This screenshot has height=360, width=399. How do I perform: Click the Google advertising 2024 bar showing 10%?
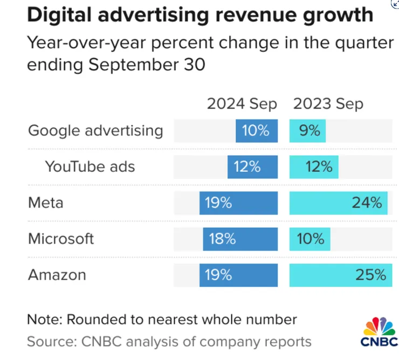click(x=257, y=131)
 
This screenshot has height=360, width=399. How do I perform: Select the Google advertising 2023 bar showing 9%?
click(x=307, y=131)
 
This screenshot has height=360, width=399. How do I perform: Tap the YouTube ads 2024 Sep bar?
click(x=252, y=167)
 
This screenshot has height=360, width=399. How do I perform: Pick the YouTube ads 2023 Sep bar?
click(x=314, y=167)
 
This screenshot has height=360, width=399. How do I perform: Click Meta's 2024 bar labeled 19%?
click(x=238, y=203)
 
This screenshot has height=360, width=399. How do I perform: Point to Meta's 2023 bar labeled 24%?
click(x=339, y=203)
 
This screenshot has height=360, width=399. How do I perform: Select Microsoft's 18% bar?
click(x=240, y=239)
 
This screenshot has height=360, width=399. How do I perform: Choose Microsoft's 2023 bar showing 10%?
click(x=309, y=239)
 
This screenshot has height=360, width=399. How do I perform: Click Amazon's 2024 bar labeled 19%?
click(x=238, y=275)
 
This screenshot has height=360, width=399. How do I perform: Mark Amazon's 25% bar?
click(x=341, y=275)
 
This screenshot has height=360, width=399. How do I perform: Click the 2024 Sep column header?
click(x=242, y=105)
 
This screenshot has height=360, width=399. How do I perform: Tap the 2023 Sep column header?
click(x=328, y=105)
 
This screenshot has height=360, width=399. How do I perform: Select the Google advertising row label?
click(x=95, y=131)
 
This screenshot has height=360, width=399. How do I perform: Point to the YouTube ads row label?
click(x=90, y=167)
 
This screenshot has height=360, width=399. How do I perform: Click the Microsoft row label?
click(x=61, y=239)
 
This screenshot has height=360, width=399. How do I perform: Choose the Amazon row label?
click(x=57, y=275)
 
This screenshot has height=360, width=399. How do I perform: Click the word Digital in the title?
click(x=59, y=15)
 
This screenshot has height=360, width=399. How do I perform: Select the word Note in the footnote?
click(x=45, y=320)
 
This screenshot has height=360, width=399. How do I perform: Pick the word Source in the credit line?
click(x=52, y=342)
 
